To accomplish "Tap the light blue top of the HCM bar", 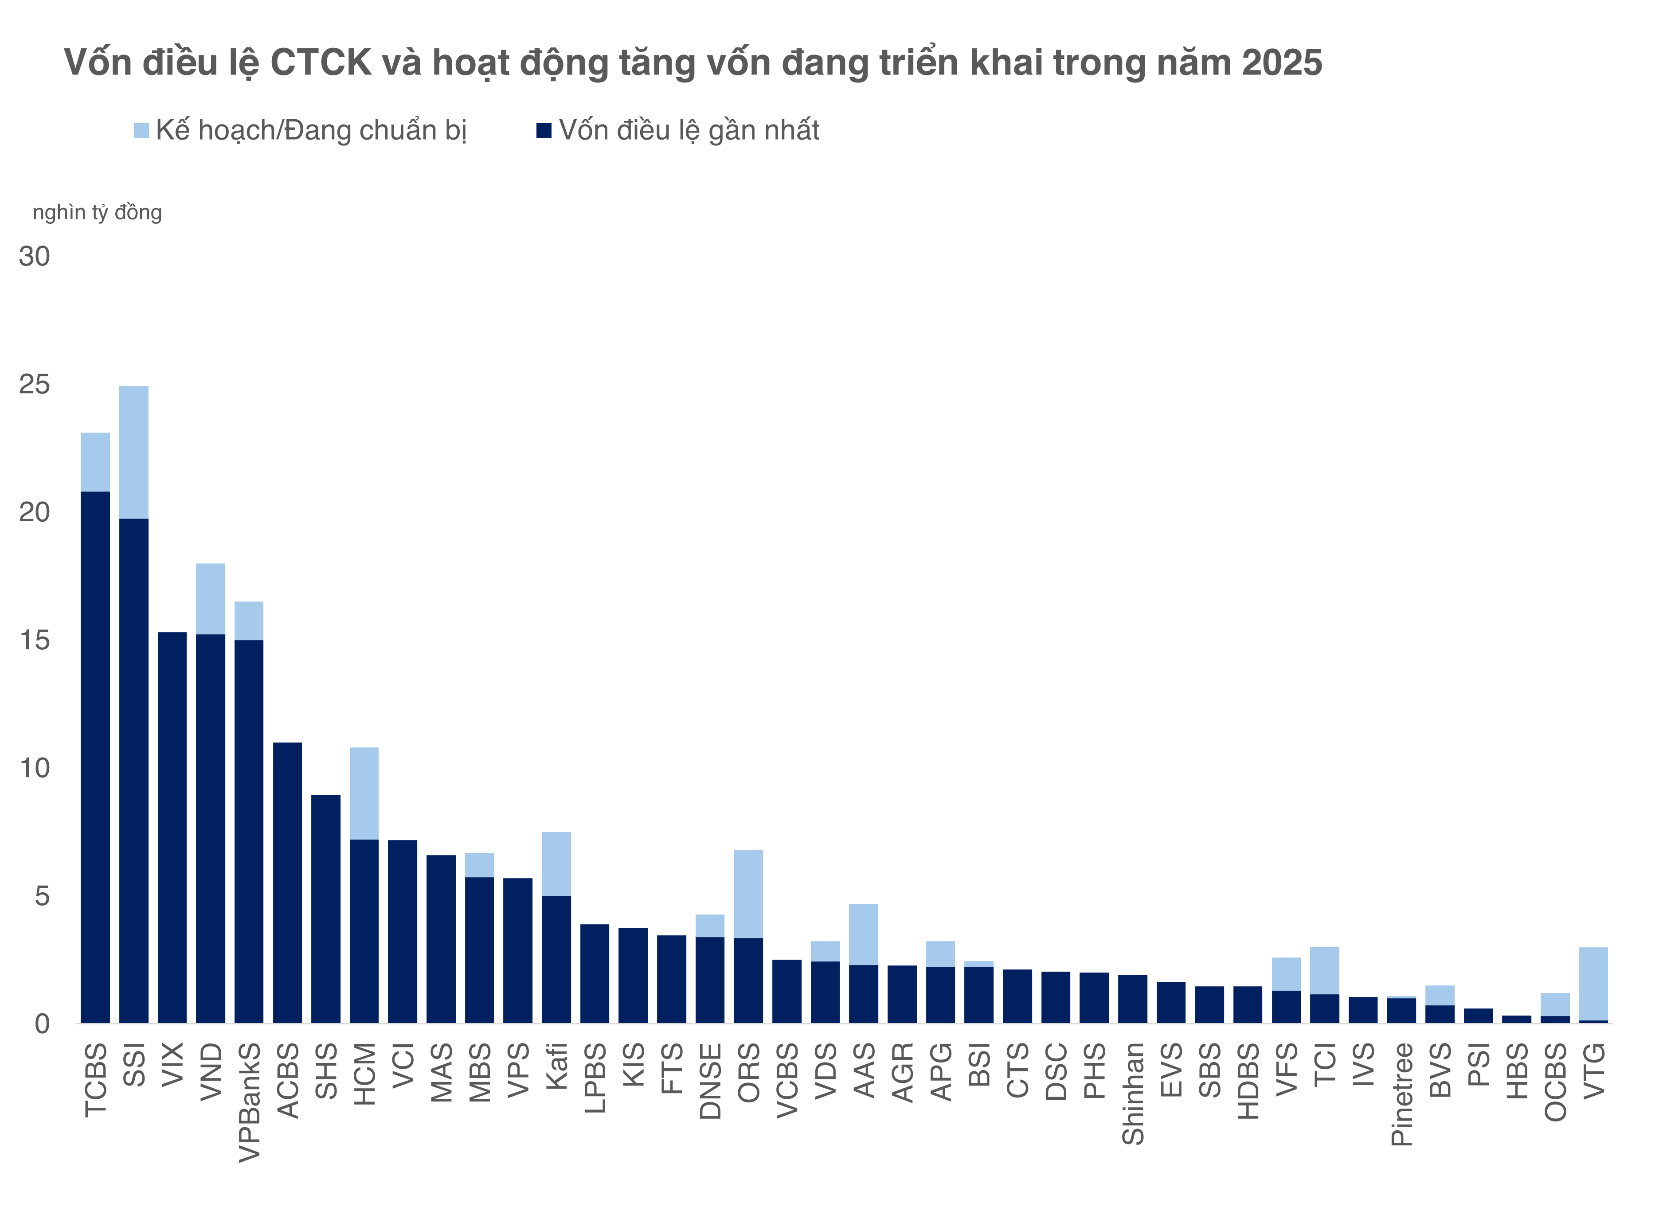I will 364,793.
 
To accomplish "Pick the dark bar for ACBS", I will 287,883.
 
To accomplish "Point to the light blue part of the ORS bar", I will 749,894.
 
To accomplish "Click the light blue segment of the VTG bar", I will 1593,983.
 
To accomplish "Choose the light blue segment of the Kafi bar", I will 556,864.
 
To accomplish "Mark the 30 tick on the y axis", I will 35,257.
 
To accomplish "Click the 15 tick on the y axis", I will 35,640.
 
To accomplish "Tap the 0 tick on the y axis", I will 42,1023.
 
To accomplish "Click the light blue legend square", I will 141,130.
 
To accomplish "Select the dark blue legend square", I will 544,130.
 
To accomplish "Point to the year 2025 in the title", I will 1282,63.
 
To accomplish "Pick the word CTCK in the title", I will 321,63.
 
